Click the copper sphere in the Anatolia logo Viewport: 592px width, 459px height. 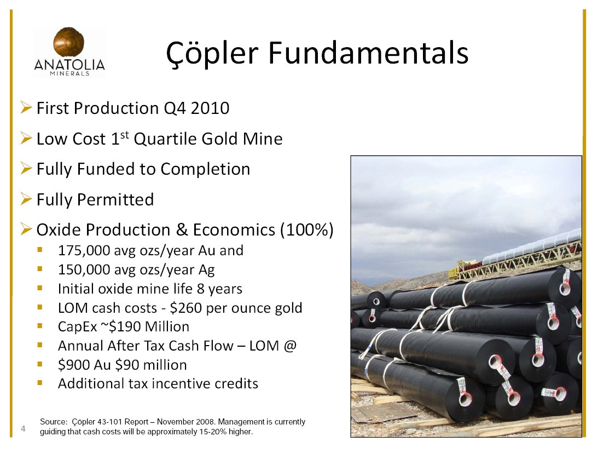(x=69, y=42)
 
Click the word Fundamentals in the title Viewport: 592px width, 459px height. (x=368, y=52)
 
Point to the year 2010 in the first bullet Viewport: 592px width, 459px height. (x=210, y=108)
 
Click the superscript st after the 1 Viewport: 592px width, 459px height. (x=125, y=135)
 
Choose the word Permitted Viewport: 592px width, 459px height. (x=115, y=199)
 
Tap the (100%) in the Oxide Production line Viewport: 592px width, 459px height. (x=306, y=230)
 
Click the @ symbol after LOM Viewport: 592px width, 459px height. (x=289, y=346)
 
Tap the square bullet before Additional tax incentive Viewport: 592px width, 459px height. (x=39, y=383)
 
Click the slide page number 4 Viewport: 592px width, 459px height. (x=24, y=428)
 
